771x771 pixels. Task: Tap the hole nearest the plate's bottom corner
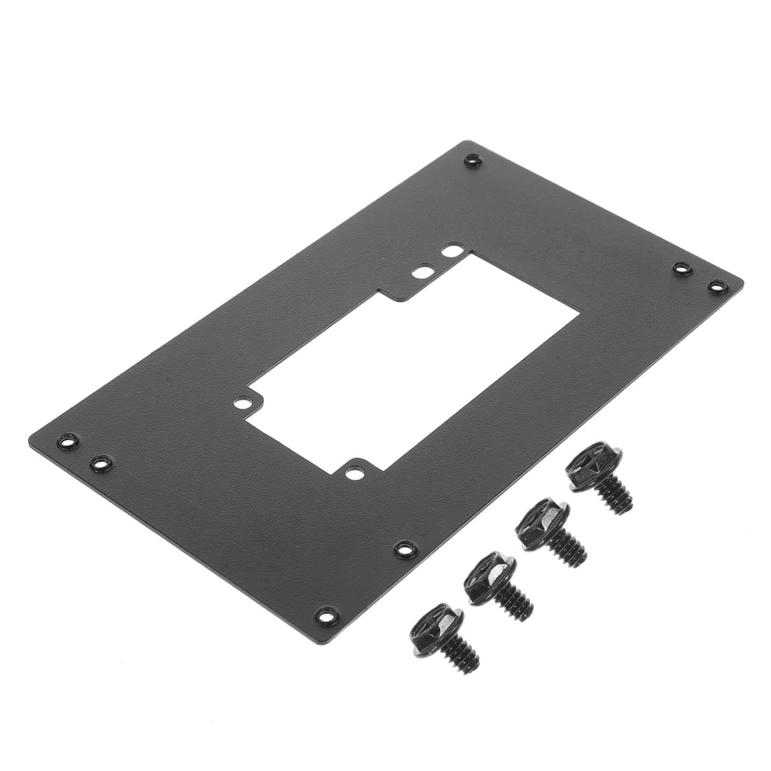(x=326, y=616)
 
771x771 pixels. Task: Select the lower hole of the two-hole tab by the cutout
(x=421, y=273)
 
